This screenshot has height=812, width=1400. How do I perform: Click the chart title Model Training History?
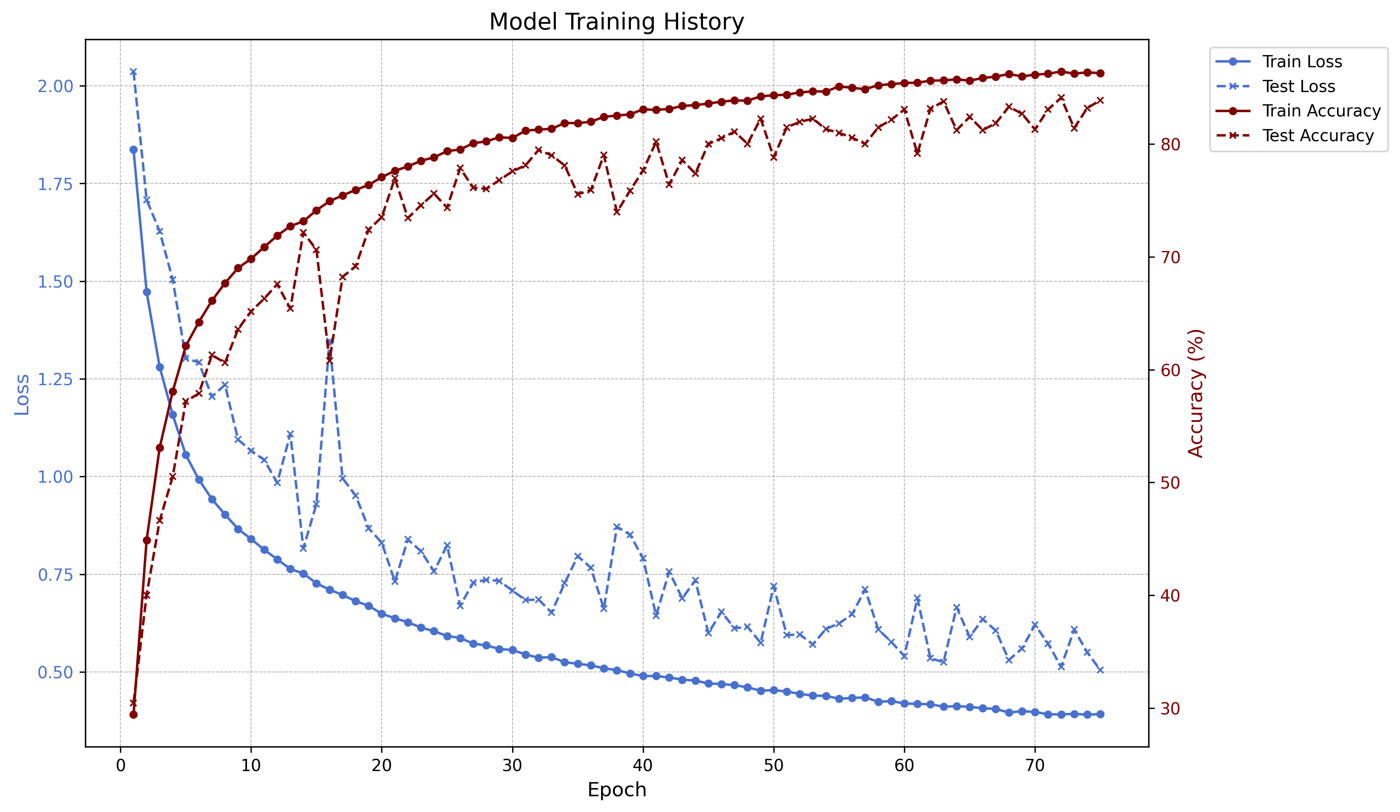616,22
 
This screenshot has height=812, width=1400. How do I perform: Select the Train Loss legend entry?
1302,62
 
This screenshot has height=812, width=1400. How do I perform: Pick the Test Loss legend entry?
1299,86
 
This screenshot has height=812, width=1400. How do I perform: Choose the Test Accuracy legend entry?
1318,136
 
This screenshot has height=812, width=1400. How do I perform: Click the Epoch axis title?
617,790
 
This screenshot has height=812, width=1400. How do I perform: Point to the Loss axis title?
22,395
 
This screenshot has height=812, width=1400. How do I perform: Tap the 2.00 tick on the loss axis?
55,86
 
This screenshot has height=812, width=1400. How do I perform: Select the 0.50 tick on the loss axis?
55,672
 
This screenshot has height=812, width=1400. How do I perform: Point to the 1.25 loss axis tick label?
55,380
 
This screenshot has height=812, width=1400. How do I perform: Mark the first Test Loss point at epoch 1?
133,72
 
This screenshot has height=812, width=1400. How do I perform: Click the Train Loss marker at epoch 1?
133,149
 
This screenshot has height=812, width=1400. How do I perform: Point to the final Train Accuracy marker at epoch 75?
1100,73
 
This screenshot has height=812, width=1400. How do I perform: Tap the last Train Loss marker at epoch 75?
1100,714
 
